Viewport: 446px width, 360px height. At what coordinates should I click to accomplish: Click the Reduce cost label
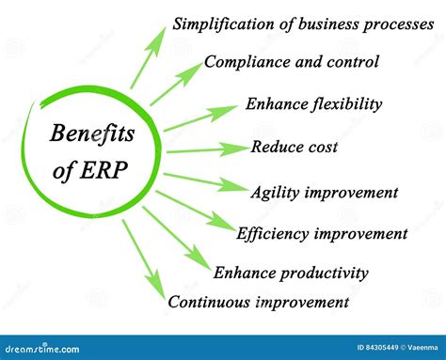(294, 147)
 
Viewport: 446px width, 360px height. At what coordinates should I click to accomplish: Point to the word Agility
(276, 193)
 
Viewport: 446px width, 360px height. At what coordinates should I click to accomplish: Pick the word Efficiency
(274, 233)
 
